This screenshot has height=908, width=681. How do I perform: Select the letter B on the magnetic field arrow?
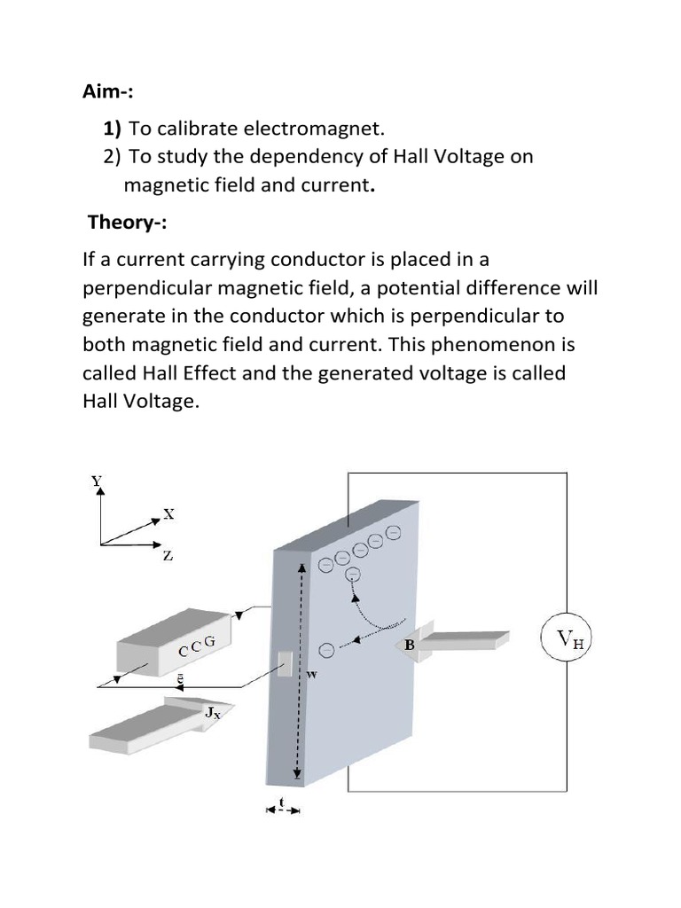(410, 646)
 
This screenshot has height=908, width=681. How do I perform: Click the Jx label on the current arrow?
(212, 711)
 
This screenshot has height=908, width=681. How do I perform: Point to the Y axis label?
(97, 481)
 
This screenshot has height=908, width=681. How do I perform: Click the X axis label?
(168, 513)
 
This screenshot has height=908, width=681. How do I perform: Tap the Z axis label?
(168, 557)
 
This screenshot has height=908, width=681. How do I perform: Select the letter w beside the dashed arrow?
(311, 675)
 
